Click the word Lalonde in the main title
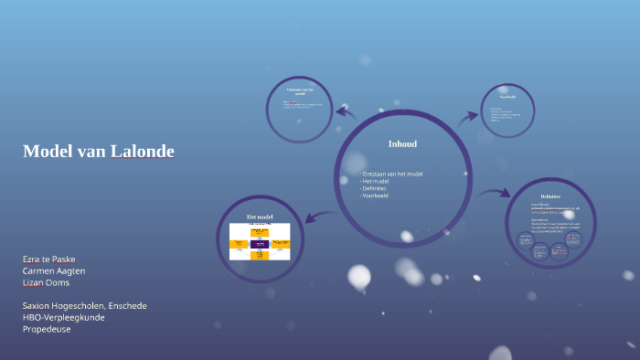142,152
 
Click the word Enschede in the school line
126,306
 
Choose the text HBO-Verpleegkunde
64,317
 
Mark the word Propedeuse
47,329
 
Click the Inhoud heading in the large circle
402,144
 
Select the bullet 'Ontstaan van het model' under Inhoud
392,174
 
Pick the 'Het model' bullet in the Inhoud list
376,181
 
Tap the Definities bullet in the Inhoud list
375,188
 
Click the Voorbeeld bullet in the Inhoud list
376,196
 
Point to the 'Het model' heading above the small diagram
260,217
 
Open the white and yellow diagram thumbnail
260,241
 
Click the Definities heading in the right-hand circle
550,196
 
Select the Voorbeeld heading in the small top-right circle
507,96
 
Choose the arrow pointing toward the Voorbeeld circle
469,116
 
